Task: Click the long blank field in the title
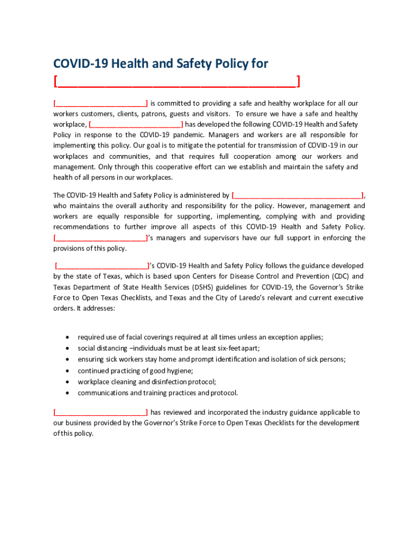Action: tap(176, 82)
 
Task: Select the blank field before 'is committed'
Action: tap(100, 103)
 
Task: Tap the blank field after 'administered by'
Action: tap(297, 195)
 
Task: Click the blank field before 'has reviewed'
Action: tap(100, 412)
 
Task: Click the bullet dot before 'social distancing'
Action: tap(67, 348)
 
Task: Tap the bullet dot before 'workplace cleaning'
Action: tap(67, 382)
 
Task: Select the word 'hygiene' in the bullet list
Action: tap(180, 371)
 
